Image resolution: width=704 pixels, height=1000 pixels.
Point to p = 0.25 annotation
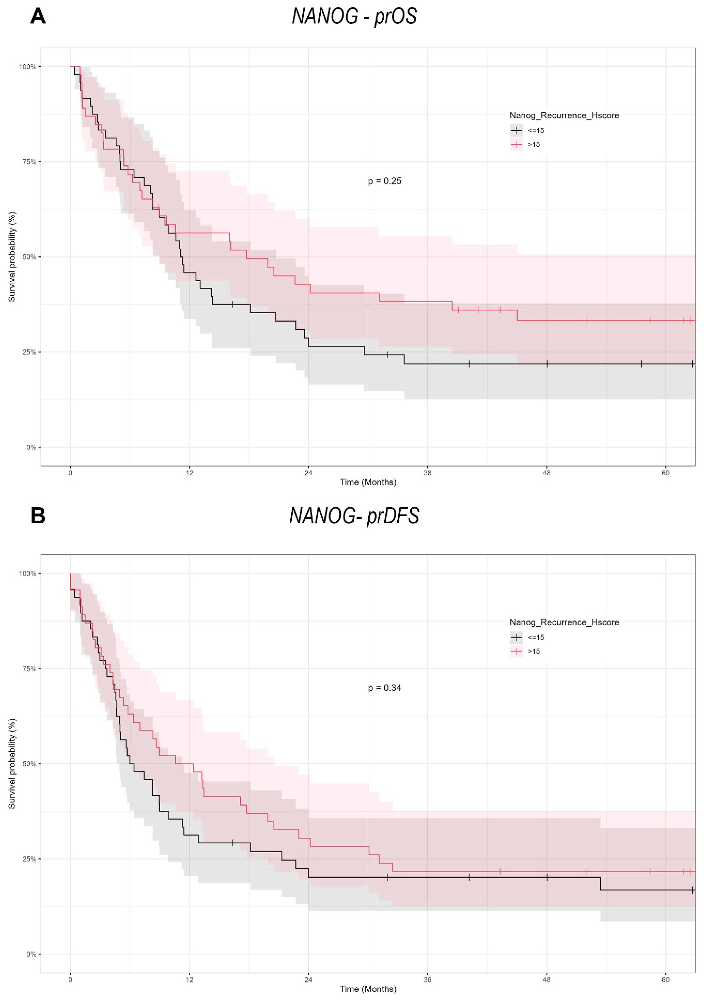coord(385,181)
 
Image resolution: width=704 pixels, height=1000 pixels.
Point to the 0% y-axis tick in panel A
coord(31,447)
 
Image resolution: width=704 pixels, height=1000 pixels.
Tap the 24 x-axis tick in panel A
coord(308,473)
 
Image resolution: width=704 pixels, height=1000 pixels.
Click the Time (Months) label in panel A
coord(368,482)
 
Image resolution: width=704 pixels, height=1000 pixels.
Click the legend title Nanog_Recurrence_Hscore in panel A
coord(564,115)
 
